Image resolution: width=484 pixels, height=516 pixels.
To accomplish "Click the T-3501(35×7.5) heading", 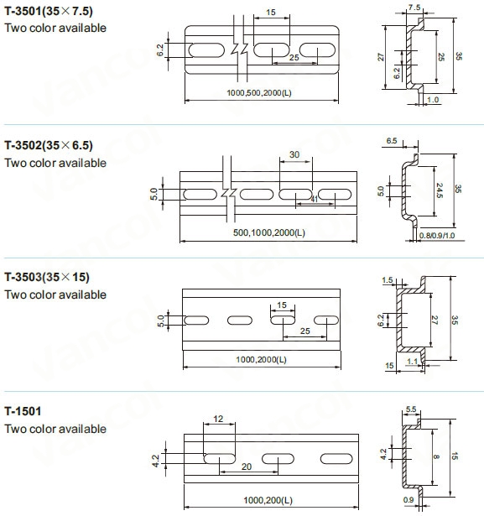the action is (49, 11).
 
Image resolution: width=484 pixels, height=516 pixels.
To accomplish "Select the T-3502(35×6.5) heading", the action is (49, 145).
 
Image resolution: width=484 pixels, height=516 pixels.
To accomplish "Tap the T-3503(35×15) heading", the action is (47, 277).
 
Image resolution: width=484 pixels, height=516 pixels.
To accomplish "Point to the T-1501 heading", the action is (23, 411).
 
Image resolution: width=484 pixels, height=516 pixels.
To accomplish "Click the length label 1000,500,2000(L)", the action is (259, 93).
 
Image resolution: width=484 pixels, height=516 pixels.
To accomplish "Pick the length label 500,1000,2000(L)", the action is (269, 232).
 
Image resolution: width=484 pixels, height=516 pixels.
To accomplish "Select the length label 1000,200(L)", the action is (268, 500).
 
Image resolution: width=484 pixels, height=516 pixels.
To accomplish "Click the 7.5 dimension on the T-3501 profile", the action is (414, 8).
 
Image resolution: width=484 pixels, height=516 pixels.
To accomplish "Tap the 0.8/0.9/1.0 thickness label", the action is (437, 236).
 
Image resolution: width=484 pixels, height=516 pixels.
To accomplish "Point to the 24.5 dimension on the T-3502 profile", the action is (440, 190).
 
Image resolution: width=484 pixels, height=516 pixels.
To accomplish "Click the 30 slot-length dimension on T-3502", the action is (294, 154).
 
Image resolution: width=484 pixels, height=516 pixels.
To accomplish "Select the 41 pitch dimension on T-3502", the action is (315, 199).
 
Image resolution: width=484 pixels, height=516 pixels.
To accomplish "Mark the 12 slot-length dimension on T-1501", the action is (218, 419).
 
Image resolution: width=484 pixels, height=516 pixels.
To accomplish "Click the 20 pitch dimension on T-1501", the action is (247, 466).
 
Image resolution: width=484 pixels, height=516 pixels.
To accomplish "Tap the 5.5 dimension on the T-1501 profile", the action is (411, 409).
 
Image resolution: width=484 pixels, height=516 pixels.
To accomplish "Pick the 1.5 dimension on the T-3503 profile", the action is (388, 280).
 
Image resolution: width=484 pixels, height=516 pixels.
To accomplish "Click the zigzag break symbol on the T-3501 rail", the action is (239, 49).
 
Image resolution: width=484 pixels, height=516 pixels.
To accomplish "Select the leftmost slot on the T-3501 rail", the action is (206, 50).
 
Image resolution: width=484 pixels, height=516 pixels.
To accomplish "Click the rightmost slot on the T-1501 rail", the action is (336, 458).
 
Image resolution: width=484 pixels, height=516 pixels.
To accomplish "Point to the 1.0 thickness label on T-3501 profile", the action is (433, 100).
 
